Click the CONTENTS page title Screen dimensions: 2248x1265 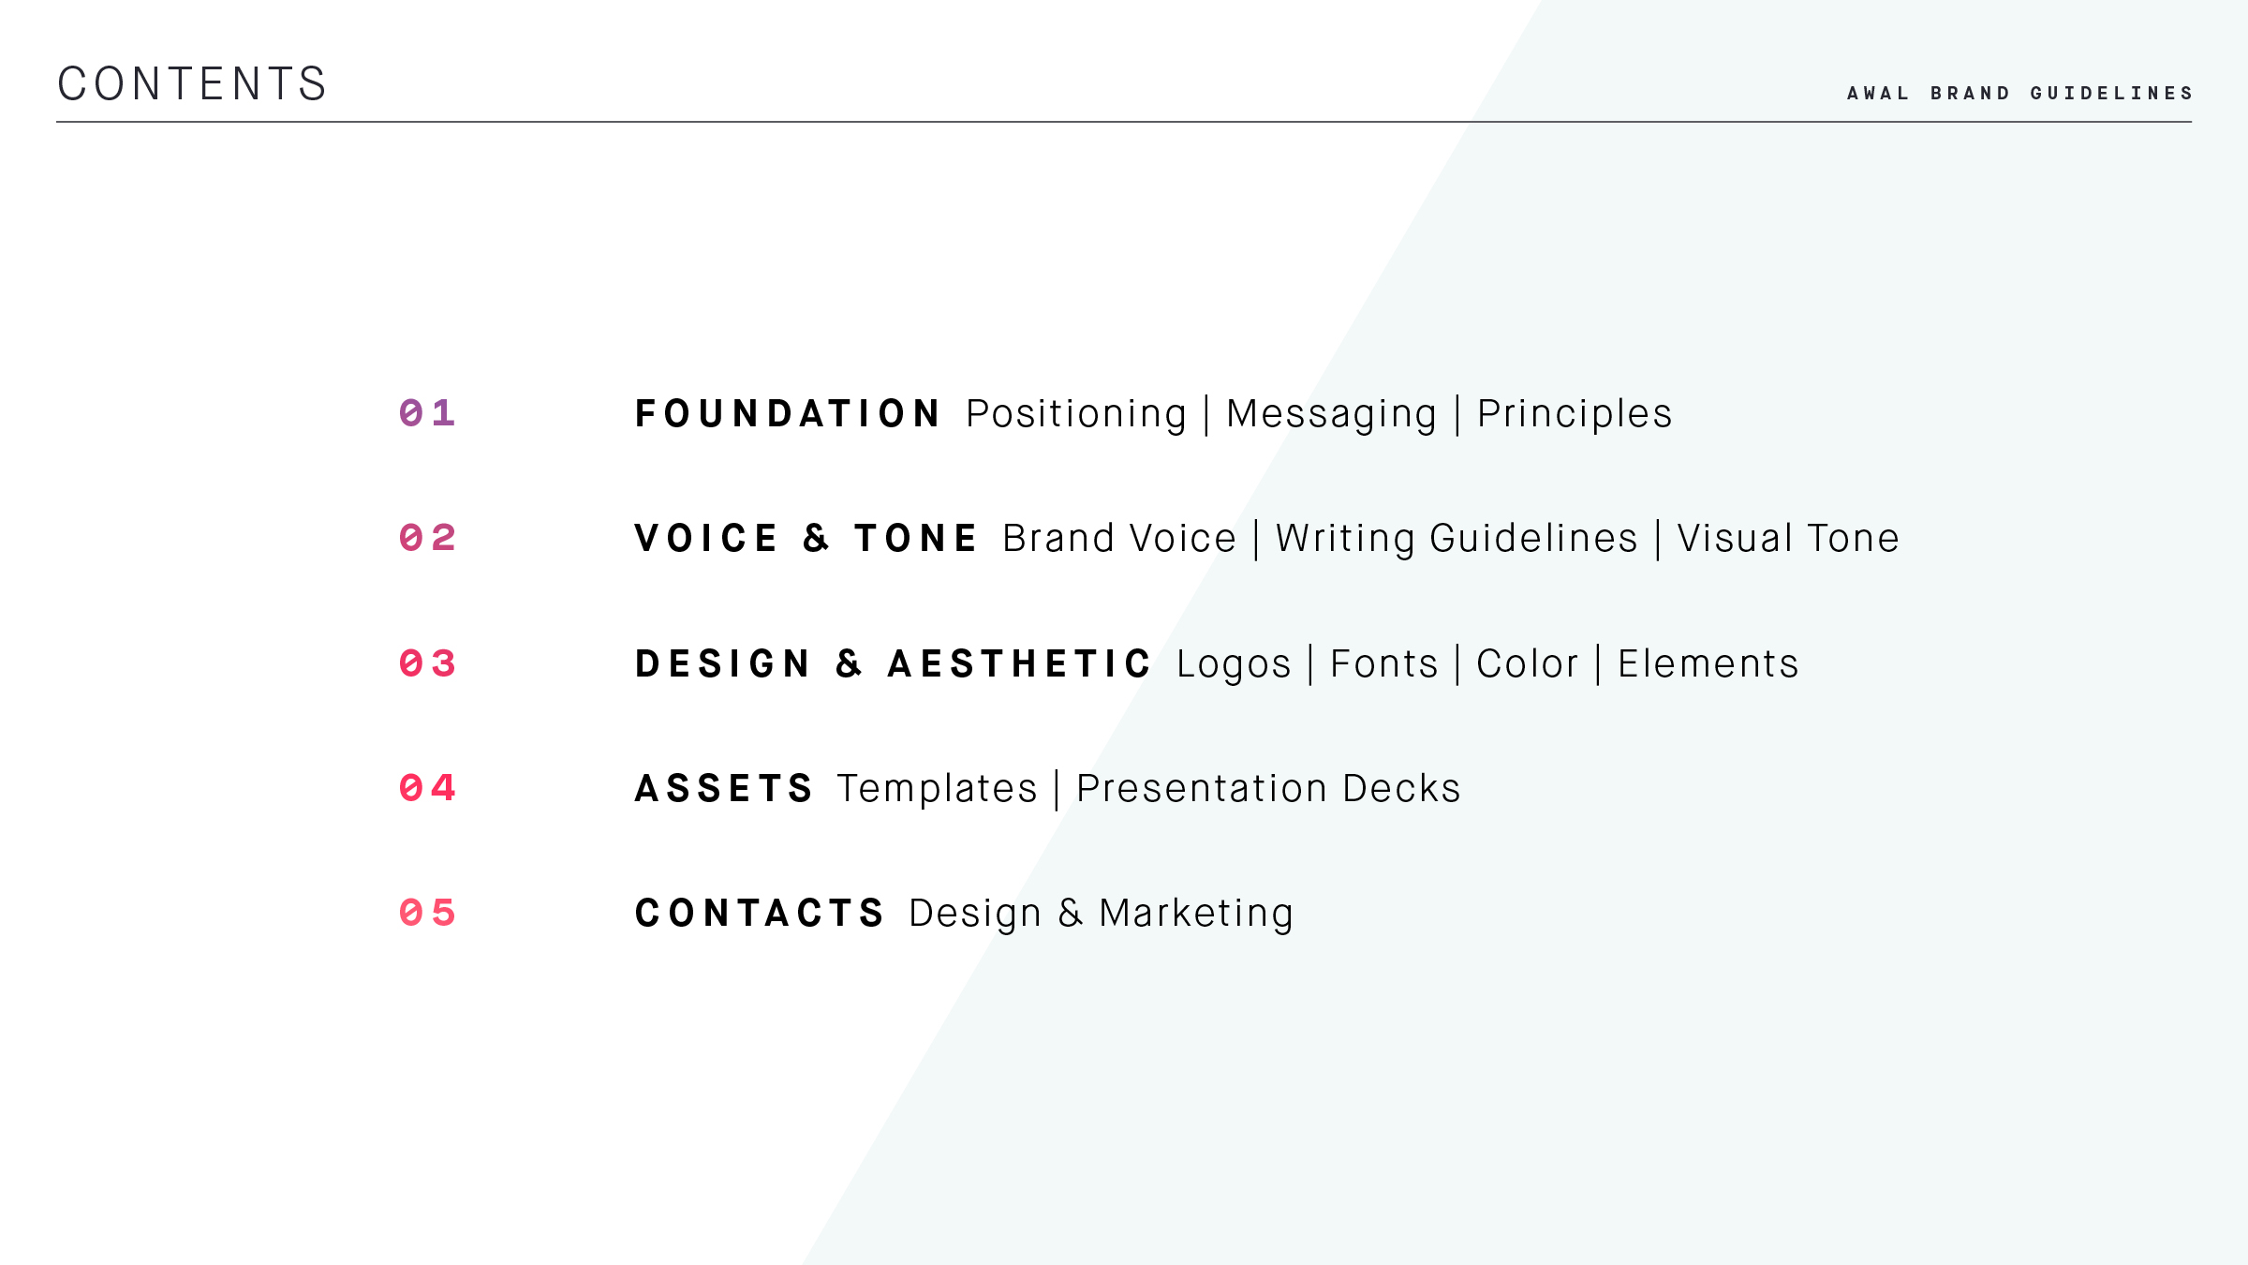tap(192, 83)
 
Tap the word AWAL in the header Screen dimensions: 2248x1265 tap(1878, 93)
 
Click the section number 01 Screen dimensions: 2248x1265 tap(427, 413)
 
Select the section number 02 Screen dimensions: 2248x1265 tap(427, 538)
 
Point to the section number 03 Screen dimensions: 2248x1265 tap(427, 663)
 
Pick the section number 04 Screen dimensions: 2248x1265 tap(427, 788)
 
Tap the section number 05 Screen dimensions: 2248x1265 tap(427, 913)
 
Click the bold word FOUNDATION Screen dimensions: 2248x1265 tap(787, 413)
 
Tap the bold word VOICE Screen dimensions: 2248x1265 tap(705, 538)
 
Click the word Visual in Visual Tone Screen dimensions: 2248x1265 tap(1735, 538)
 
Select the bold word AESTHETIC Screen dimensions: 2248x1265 tap(1019, 663)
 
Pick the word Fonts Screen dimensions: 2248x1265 tap(1383, 663)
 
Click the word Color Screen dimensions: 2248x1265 tap(1527, 663)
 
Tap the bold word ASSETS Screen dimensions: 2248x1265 tap(724, 788)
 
